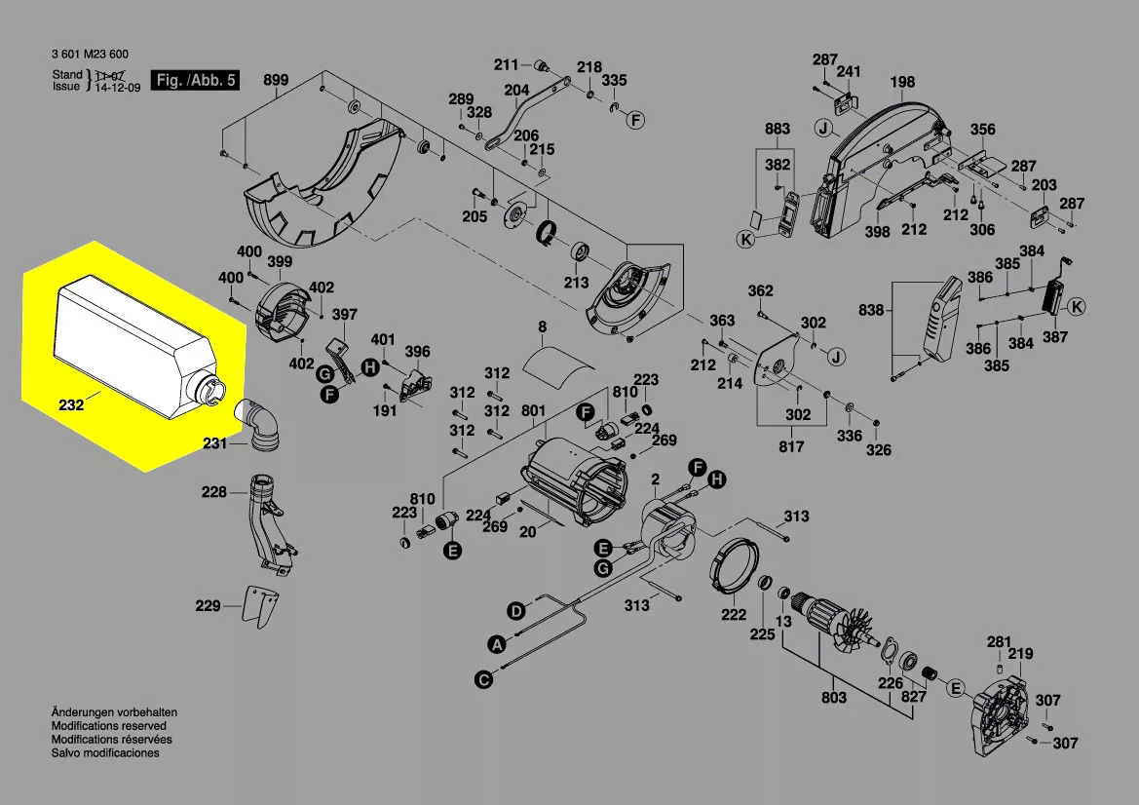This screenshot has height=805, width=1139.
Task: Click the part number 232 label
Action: point(71,404)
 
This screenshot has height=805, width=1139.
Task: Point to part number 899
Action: point(277,80)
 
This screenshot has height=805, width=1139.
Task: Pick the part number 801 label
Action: point(533,411)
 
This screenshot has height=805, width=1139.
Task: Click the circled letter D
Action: point(515,611)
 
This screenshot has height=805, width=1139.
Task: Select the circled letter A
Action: point(496,644)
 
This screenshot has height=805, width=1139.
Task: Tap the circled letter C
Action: point(482,680)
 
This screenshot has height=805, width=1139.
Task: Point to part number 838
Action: point(871,311)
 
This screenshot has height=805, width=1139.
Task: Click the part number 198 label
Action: point(902,82)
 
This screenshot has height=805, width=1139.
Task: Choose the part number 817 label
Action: point(791,446)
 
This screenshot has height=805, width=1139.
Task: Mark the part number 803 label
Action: point(834,698)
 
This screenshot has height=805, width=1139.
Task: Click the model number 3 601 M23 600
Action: point(90,55)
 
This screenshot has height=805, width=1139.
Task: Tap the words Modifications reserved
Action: point(109,726)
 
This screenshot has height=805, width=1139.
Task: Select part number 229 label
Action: point(208,606)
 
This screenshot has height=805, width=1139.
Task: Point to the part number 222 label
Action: point(734,614)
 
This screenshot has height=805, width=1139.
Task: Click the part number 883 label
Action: point(777,129)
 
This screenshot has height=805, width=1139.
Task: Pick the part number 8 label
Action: point(543,326)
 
